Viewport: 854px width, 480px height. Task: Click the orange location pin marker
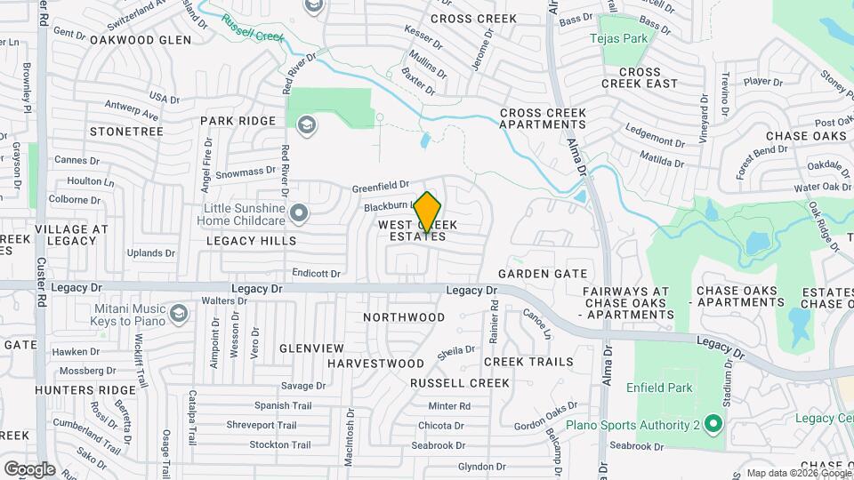pyautogui.click(x=428, y=212)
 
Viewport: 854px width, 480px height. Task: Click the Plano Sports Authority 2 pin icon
pyautogui.click(x=712, y=424)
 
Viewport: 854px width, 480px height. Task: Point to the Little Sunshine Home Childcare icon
pyautogui.click(x=300, y=212)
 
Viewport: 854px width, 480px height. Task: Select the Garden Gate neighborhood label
pyautogui.click(x=543, y=274)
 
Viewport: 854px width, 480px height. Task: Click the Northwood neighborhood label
pyautogui.click(x=405, y=317)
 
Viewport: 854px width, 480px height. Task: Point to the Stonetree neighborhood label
pyautogui.click(x=127, y=131)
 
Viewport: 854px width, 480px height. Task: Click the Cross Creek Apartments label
pyautogui.click(x=543, y=119)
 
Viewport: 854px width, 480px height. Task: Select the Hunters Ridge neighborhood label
pyautogui.click(x=77, y=390)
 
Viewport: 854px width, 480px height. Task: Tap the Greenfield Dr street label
pyautogui.click(x=380, y=188)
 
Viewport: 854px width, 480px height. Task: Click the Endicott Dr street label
pyautogui.click(x=316, y=273)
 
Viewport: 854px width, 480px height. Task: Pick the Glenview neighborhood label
pyautogui.click(x=311, y=348)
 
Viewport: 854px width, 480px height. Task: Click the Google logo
pyautogui.click(x=29, y=469)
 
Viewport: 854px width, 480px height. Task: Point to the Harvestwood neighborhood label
pyautogui.click(x=375, y=364)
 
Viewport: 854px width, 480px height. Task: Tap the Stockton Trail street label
pyautogui.click(x=279, y=444)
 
